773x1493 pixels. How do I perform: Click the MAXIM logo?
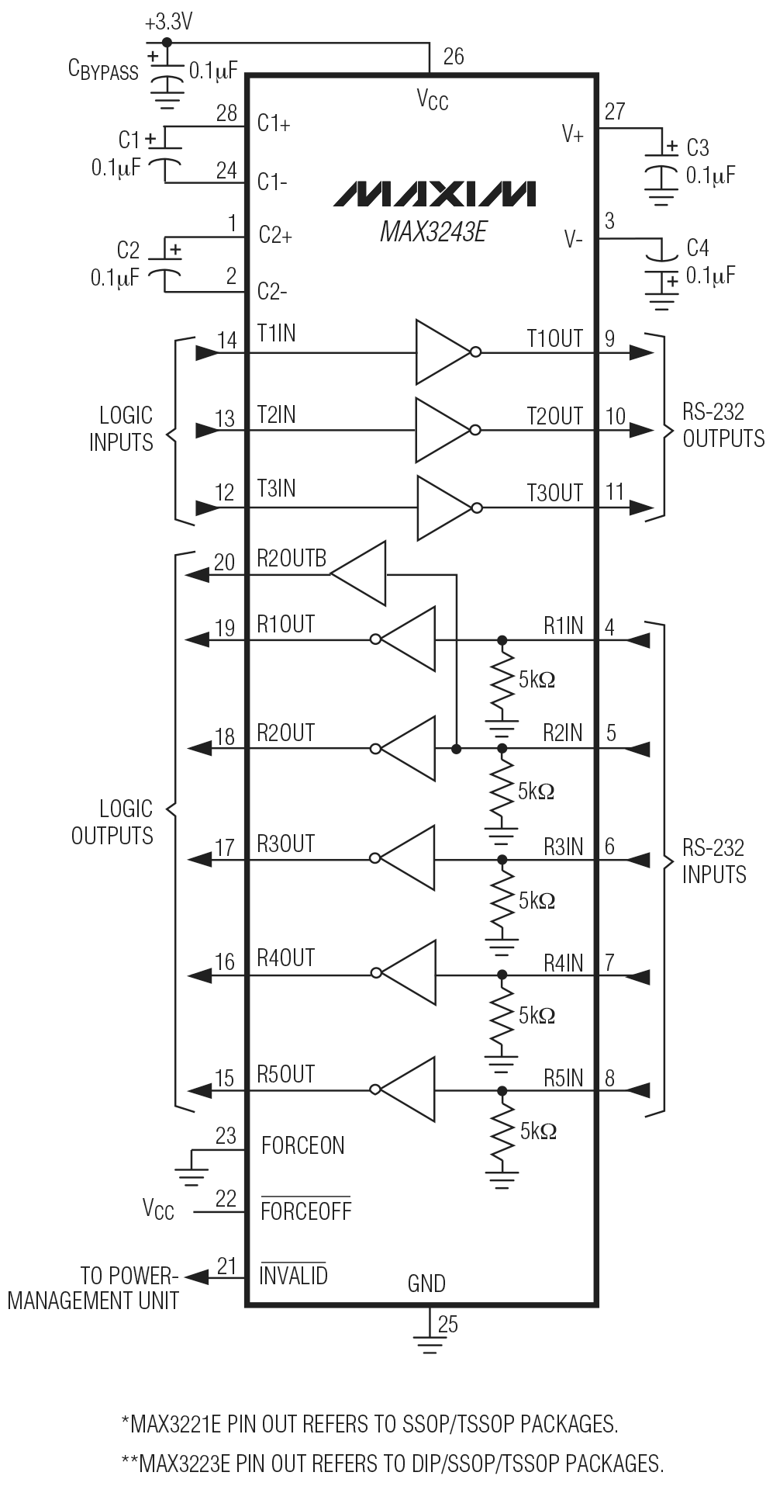pos(434,194)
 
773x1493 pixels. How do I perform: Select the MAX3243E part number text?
pos(433,231)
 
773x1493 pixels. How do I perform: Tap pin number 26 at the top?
pos(454,57)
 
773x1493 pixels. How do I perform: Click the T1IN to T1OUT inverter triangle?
pos(442,352)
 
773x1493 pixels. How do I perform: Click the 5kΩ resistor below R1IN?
pos(502,683)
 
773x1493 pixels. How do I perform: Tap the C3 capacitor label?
pos(697,147)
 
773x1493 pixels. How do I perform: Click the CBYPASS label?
pos(103,70)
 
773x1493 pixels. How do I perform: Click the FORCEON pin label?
pos(302,1145)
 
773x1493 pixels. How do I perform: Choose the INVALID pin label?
pos(293,1275)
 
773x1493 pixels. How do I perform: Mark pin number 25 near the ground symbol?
pos(448,1325)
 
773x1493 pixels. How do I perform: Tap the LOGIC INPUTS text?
pos(122,429)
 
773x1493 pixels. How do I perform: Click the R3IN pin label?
pos(563,847)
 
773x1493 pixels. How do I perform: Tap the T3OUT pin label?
pos(554,493)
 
